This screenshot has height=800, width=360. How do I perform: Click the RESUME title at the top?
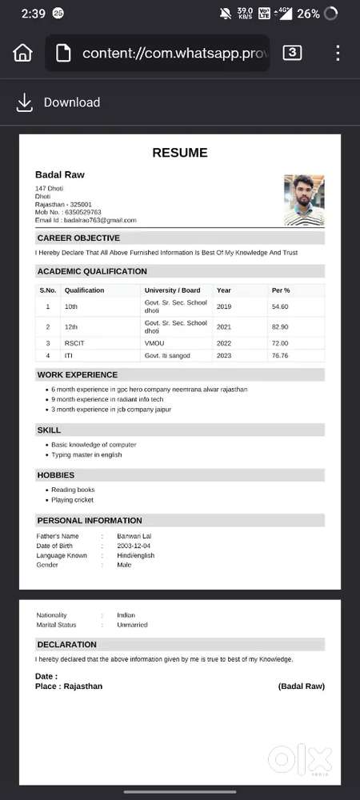click(x=179, y=153)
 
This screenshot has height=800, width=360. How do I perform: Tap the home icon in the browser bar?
click(x=23, y=54)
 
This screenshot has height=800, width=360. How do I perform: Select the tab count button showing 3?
click(x=293, y=53)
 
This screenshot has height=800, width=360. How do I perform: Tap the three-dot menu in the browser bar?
click(x=338, y=54)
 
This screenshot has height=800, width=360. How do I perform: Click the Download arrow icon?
click(x=25, y=102)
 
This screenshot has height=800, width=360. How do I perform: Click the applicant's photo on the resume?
click(x=304, y=200)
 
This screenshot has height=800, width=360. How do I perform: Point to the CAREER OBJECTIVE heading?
click(x=78, y=238)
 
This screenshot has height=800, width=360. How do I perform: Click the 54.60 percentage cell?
click(x=280, y=306)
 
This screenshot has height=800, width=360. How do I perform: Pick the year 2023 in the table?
click(x=223, y=355)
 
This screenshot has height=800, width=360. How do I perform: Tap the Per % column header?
click(x=281, y=290)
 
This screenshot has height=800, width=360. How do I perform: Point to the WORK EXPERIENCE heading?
click(x=77, y=374)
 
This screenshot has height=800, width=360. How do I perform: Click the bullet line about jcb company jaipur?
click(x=111, y=409)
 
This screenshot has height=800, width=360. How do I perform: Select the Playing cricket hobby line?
click(x=72, y=500)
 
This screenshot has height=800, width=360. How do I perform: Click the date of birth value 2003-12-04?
click(x=134, y=546)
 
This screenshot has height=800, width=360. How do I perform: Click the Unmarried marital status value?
click(x=132, y=625)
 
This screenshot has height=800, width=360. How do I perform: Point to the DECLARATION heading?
click(x=66, y=644)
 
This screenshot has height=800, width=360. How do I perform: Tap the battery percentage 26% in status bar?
click(x=308, y=14)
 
